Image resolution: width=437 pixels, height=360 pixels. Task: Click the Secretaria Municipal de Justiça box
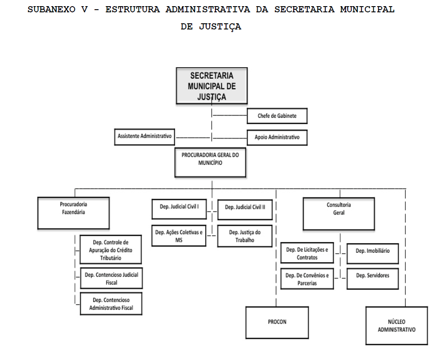212,86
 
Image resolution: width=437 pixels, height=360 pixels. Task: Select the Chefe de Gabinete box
277,116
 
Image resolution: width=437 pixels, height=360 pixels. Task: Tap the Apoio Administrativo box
277,138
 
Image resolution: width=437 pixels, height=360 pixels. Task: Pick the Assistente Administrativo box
144,137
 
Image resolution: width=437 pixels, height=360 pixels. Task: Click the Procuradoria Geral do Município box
210,163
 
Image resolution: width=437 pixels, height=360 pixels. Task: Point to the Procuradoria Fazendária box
73,213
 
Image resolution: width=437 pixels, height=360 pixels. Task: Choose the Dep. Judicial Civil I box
179,209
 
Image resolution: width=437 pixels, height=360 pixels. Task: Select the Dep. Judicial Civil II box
245,210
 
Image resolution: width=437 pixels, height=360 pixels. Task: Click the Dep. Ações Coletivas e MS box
179,236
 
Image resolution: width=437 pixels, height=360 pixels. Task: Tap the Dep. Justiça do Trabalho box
245,236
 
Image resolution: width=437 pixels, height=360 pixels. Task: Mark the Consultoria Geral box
339,214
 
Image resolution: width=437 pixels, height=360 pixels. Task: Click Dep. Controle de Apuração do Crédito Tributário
111,249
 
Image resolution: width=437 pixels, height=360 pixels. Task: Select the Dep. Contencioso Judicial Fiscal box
112,278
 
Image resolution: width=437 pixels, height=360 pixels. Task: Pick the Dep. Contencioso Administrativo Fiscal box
111,303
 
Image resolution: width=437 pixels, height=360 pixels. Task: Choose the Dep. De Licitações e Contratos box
307,253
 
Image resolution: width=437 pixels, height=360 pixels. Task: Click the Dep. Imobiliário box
373,254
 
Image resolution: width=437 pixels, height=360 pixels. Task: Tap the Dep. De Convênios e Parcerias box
307,279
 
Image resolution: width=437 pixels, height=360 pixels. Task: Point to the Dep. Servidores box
373,279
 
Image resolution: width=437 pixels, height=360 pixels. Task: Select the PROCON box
277,323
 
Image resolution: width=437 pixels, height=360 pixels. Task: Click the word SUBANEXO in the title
51,9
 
